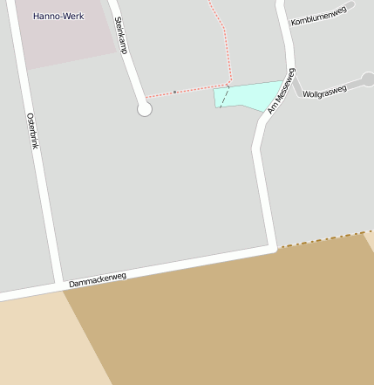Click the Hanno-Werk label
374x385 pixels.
coord(58,17)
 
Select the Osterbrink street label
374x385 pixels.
coord(32,131)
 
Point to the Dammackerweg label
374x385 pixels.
coord(98,280)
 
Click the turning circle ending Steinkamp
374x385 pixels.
coord(145,109)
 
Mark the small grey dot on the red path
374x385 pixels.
coord(174,92)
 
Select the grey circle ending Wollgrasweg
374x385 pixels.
coord(368,79)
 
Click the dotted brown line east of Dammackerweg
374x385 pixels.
coord(323,239)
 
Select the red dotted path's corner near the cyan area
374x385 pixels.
coord(228,85)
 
